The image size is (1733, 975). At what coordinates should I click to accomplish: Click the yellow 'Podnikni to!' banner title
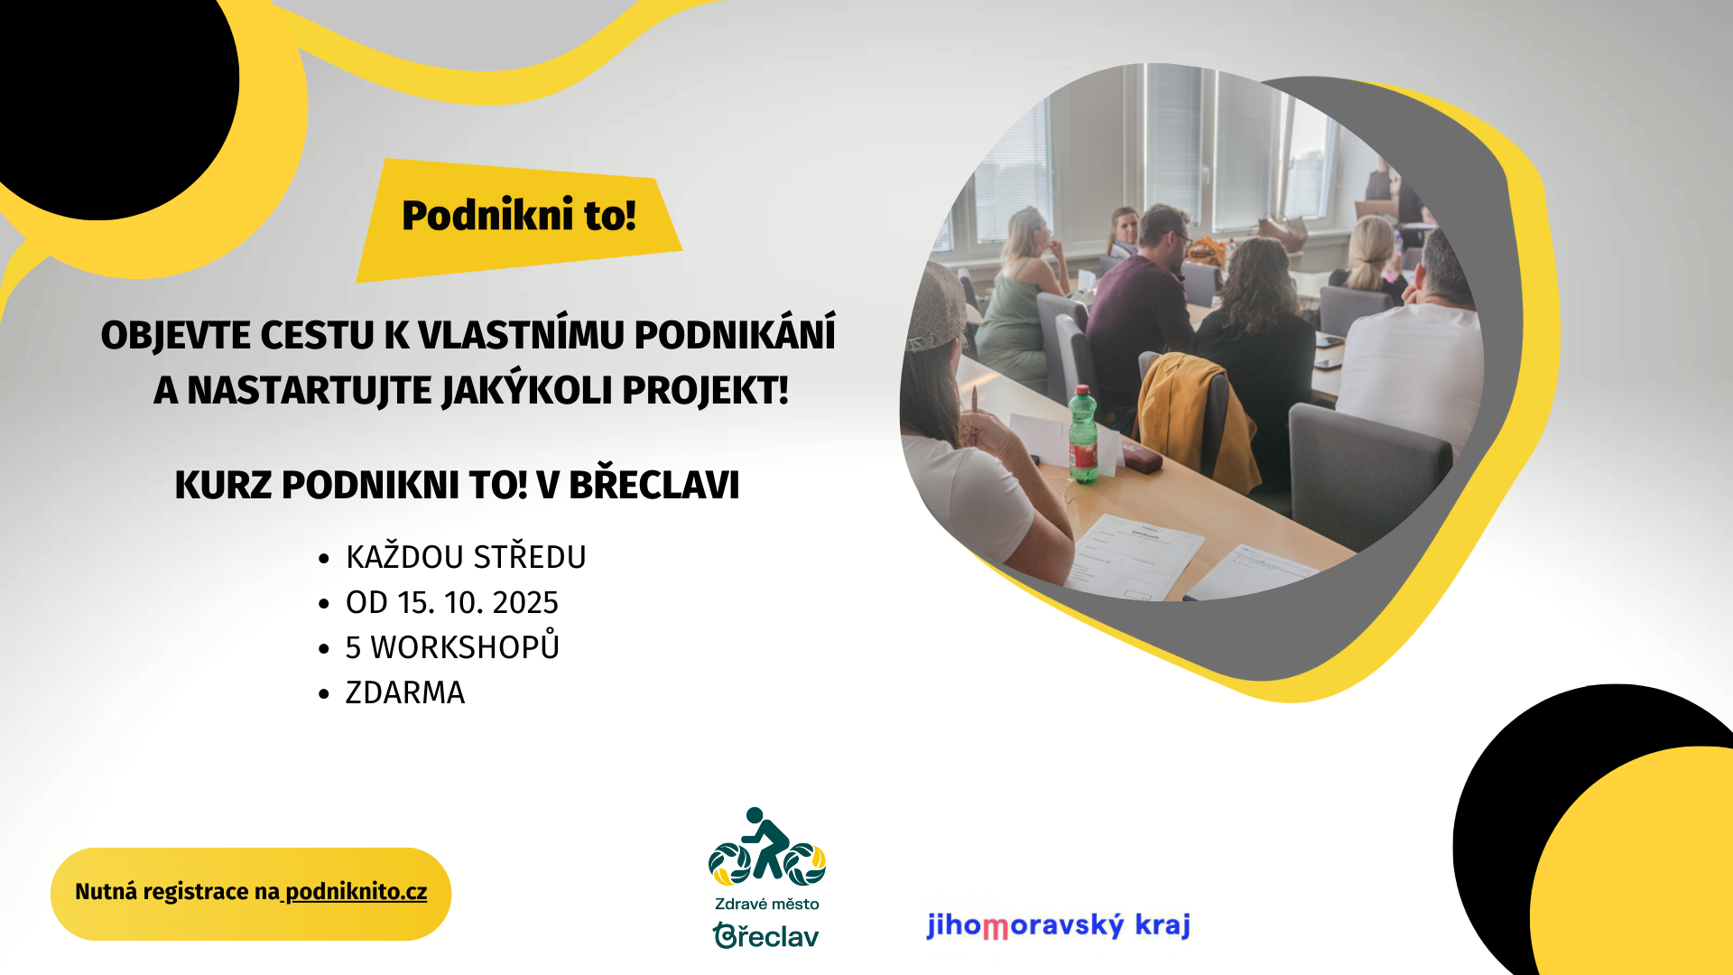coord(519,215)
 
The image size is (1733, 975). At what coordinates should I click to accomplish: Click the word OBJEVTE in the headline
coord(176,335)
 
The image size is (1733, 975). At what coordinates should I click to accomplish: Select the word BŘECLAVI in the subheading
coord(653,484)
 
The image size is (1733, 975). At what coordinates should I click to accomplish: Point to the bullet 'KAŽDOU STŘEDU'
coord(466,556)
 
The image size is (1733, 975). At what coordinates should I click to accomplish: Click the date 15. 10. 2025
coord(478,602)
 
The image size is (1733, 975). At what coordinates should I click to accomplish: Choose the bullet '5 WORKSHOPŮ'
coord(452,646)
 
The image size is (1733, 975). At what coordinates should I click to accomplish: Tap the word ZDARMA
coord(405,692)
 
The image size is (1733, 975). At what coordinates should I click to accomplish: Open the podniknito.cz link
coord(356,892)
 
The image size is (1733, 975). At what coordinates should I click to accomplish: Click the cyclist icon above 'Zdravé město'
coord(766,845)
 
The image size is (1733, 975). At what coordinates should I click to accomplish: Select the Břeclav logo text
coord(765,935)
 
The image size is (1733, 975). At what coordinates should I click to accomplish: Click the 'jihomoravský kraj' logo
coord(1059,925)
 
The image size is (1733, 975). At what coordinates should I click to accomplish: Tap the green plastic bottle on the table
coord(1083,434)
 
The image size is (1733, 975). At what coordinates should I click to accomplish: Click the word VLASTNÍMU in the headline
coord(521,335)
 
